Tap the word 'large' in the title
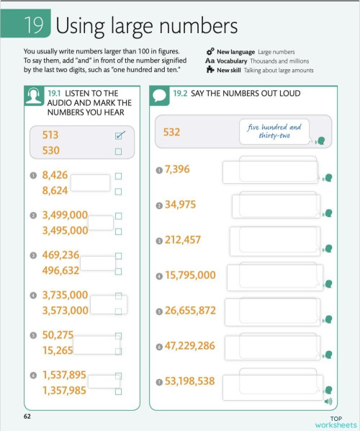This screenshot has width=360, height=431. coord(143,27)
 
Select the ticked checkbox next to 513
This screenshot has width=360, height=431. coord(120,135)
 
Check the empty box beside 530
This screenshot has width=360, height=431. coord(118,151)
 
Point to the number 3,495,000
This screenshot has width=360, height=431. coord(65,231)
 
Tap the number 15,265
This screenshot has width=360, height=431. coord(58,350)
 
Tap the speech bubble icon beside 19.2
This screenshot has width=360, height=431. coord(159,94)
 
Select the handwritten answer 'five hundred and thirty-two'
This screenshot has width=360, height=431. coord(274,130)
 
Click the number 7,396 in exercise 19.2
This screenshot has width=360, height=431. coord(176,169)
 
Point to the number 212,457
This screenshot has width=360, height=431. coord(183,240)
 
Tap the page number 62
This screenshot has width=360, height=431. coord(27,417)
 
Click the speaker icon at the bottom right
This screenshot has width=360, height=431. coord(328,401)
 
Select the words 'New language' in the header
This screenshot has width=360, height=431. coord(235,51)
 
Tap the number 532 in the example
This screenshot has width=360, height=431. coord(171,132)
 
